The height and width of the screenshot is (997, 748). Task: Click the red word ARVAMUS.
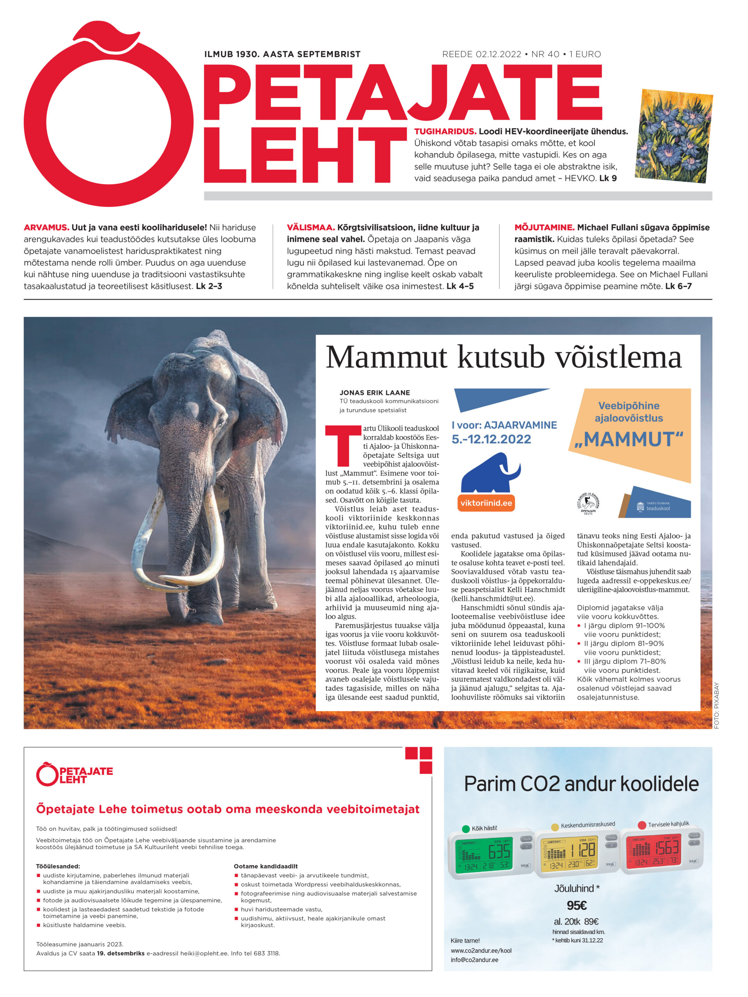tap(46, 227)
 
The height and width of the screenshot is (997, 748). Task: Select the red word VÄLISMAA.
tap(310, 227)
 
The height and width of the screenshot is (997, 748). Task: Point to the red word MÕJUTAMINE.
tap(544, 227)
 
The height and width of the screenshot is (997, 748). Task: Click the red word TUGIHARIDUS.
tap(445, 132)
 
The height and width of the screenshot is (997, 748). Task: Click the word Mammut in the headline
tap(386, 358)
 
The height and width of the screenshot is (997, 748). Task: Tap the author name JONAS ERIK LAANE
tap(375, 393)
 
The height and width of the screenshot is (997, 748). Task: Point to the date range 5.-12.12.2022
tap(491, 439)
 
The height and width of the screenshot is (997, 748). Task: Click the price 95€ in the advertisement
tap(576, 905)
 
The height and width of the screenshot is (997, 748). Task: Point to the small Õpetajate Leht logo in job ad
tap(74, 774)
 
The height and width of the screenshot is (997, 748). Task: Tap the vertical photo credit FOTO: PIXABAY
tap(716, 706)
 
